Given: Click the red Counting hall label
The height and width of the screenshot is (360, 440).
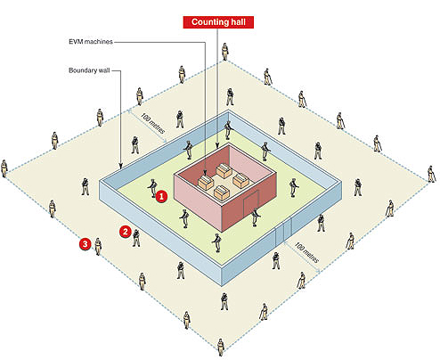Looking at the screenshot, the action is coord(218,22).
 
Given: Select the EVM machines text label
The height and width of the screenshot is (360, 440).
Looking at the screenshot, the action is coord(91,42).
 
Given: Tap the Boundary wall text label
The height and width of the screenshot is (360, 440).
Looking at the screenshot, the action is coord(89,70).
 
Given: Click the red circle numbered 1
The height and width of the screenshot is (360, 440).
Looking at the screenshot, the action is coord(161,196).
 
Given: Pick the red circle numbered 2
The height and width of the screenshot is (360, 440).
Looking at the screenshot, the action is coord(126,232).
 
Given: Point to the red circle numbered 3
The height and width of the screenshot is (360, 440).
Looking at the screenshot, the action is coord(86,244).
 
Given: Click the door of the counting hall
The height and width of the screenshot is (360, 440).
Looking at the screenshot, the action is coord(251,204).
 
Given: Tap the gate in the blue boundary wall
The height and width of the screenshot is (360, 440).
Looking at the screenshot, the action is coord(283,232).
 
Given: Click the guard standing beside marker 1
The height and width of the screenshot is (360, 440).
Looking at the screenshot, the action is coord(152,188).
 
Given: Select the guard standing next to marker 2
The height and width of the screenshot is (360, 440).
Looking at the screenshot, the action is coord(136,238).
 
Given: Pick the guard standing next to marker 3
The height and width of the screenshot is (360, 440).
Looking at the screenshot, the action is coord(98,247).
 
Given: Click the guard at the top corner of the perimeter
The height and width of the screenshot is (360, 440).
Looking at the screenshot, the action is coord(225,52).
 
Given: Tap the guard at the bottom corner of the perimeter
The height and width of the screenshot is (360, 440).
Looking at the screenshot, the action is coord(220,348).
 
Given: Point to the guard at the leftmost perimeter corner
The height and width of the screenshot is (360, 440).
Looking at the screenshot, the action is coord(4,168).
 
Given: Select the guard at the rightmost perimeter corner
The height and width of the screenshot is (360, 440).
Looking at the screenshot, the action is coord(431,174).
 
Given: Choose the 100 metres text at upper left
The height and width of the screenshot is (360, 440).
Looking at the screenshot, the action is coord(152,123).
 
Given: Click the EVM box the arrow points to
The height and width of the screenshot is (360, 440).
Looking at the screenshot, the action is coord(206,183).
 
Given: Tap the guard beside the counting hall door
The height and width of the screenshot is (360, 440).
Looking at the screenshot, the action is coord(256,217).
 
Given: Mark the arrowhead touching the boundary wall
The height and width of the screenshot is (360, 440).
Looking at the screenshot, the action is coord(120,166).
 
